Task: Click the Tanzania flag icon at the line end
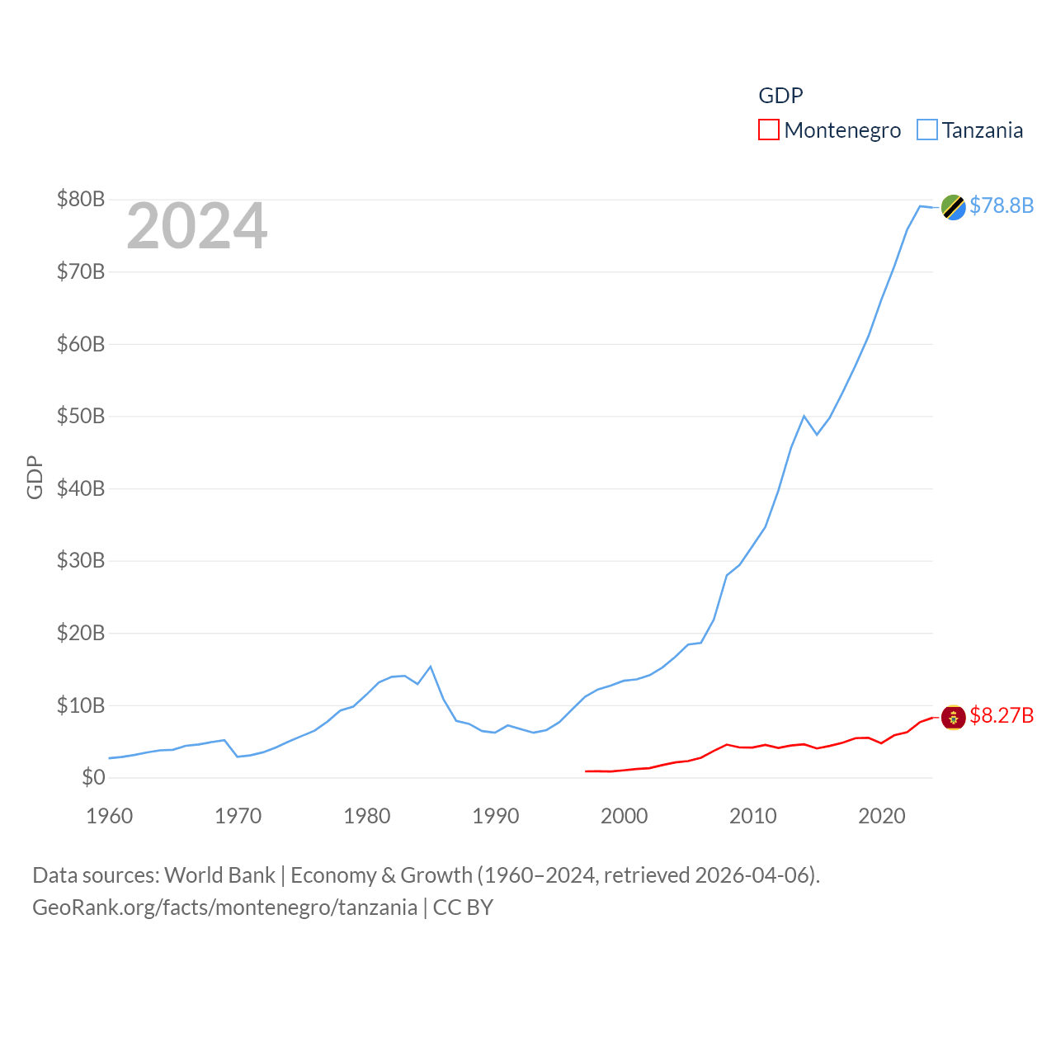pos(954,207)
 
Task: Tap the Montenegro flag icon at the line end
pos(954,718)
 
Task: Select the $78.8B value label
pos(1002,205)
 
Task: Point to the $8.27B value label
pos(1002,715)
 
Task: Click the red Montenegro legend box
pos(768,130)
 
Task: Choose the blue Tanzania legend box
pos(927,130)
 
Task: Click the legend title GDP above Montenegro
pos(780,96)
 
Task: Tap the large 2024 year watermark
pos(196,226)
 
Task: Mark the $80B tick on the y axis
pos(81,200)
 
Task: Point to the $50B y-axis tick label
pos(81,417)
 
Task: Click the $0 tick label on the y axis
pos(93,778)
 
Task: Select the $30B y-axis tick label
pos(81,561)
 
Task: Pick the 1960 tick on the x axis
pos(110,817)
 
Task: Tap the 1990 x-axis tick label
pos(496,817)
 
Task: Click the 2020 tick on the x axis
pos(882,817)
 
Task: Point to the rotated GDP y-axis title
pos(35,477)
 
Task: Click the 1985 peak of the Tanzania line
pos(431,667)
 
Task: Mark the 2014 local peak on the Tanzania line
pos(804,416)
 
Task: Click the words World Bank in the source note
pos(219,875)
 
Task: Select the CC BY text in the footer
pos(463,907)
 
